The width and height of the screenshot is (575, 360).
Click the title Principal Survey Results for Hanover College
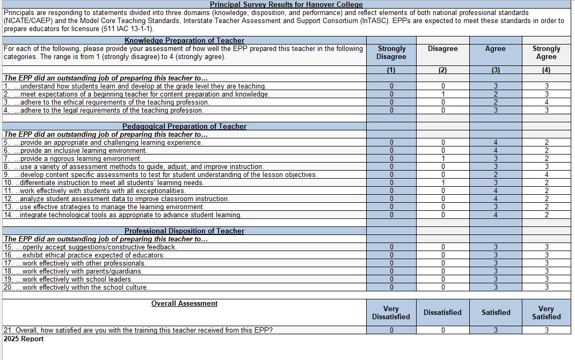286,4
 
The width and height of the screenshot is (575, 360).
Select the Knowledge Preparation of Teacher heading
184,40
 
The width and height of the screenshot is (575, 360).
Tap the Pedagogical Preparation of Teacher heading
184,126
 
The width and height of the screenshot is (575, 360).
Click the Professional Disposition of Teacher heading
184,231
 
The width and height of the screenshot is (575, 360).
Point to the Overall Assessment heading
184,304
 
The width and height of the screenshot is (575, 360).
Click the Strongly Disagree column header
391,53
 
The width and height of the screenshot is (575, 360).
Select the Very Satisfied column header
546,312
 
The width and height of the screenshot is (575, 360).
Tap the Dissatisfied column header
442,312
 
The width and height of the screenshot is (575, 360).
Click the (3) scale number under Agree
495,70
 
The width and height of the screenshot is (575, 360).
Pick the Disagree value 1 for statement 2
443,94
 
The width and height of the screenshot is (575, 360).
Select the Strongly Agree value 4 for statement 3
546,102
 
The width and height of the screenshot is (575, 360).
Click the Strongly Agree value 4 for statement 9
546,175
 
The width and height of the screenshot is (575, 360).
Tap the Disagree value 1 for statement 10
443,183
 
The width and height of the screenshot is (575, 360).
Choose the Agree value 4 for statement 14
495,215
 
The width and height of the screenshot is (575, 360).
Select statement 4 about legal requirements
104,111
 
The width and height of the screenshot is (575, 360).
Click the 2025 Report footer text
24,339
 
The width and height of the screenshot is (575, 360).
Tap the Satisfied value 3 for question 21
495,330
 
